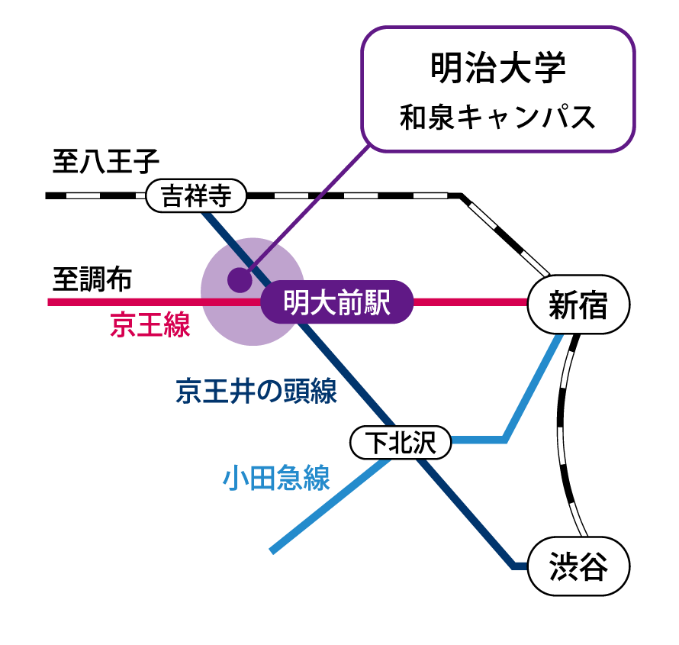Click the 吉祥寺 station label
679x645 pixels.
coord(196,196)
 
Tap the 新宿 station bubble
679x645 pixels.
coord(578,305)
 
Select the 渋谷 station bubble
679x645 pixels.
coord(578,567)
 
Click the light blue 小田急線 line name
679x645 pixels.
coord(276,479)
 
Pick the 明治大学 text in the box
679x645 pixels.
coord(498,68)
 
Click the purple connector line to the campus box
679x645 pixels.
coord(320,195)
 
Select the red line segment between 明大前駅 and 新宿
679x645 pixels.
coord(469,302)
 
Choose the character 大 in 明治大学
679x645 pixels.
coord(515,68)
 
